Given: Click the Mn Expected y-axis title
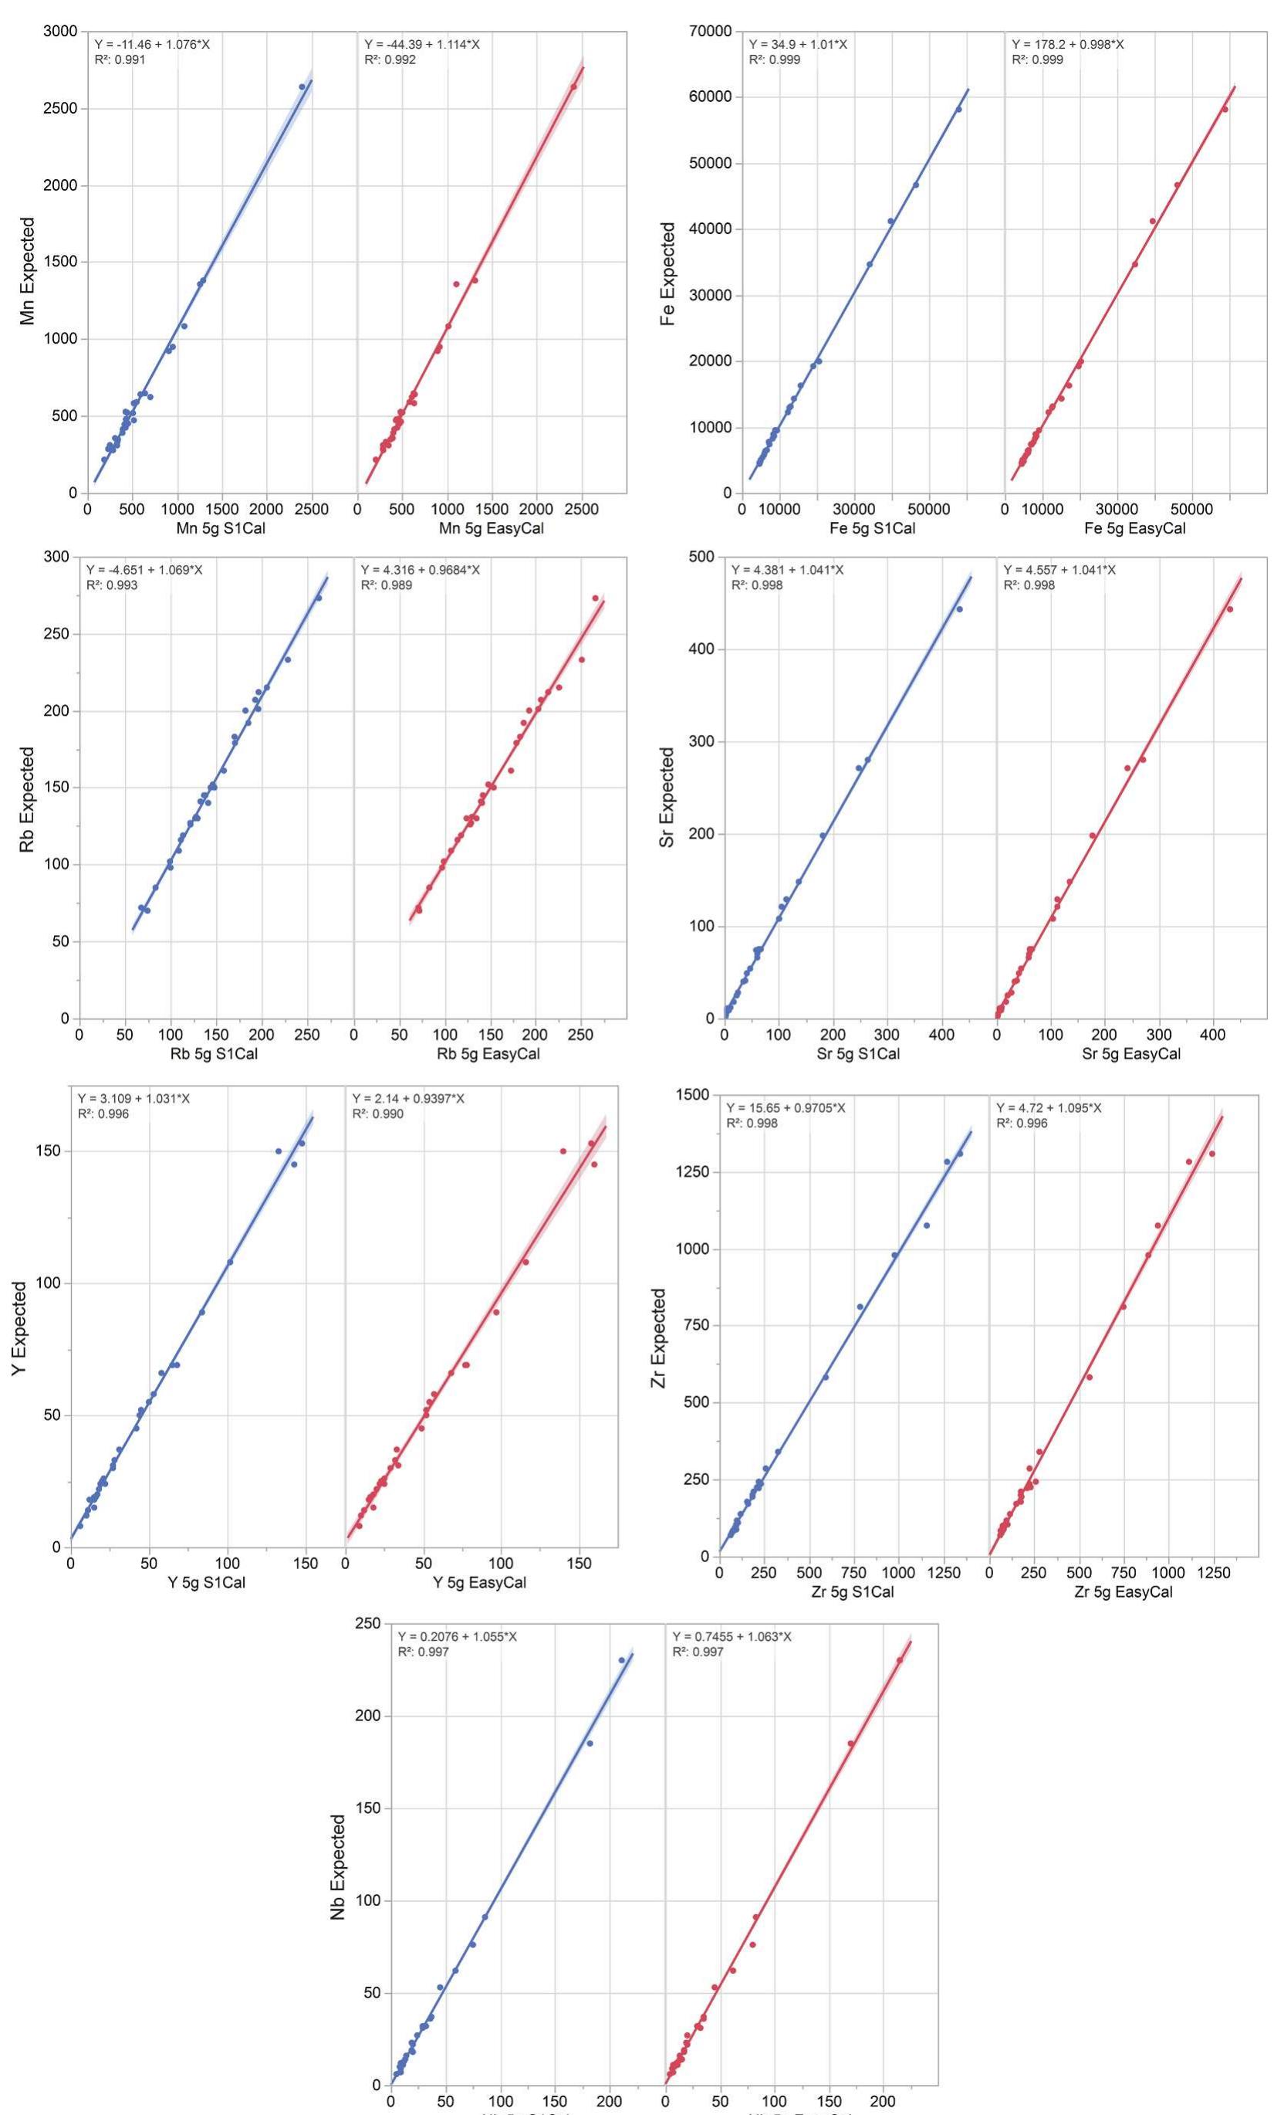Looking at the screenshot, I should click(29, 270).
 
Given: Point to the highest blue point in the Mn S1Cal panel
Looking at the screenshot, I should click(301, 86).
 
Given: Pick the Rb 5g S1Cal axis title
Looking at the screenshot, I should click(215, 1053).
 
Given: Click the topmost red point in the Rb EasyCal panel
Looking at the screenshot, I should click(594, 598).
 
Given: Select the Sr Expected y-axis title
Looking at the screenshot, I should click(667, 798).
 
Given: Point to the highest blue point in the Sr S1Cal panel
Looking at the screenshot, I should click(959, 609).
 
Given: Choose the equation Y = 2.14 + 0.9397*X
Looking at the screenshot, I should click(408, 1099).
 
